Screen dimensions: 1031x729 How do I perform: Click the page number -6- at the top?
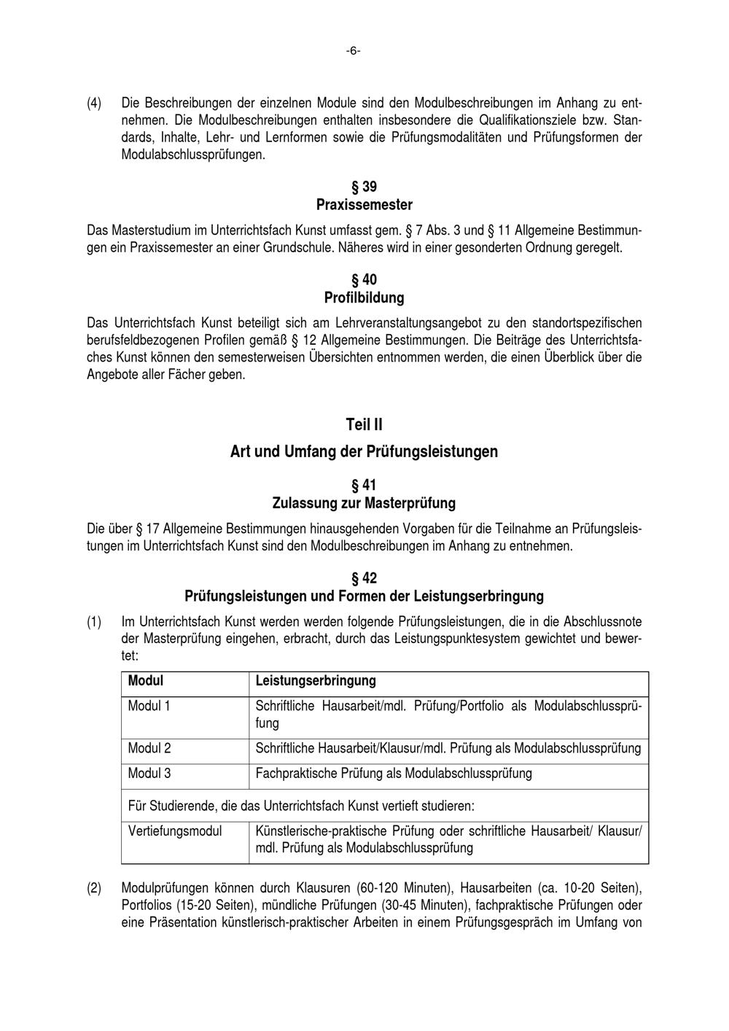[353, 51]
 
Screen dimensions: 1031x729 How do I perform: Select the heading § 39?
[364, 187]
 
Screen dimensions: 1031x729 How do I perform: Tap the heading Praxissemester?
[364, 205]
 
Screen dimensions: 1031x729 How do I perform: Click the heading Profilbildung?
[364, 297]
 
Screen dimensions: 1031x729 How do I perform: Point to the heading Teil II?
[364, 424]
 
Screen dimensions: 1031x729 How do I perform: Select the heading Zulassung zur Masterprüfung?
[364, 503]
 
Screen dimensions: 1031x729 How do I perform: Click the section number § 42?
[364, 578]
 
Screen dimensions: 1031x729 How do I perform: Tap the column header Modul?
[146, 681]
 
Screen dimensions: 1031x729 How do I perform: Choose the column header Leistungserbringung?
[316, 681]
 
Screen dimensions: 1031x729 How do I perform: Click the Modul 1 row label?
[149, 706]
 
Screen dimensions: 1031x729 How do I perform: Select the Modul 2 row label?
[149, 748]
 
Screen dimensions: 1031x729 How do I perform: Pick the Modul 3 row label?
[149, 773]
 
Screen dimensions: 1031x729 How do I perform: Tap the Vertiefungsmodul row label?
[175, 830]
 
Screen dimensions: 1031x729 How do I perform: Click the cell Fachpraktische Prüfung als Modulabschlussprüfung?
[394, 773]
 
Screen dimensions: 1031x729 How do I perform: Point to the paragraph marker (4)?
[94, 103]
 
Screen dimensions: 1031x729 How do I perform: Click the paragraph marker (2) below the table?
[94, 888]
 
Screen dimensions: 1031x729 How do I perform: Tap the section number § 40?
[364, 280]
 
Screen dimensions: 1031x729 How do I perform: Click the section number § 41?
[364, 486]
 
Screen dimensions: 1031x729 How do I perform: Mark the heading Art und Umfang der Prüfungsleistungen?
[364, 451]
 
